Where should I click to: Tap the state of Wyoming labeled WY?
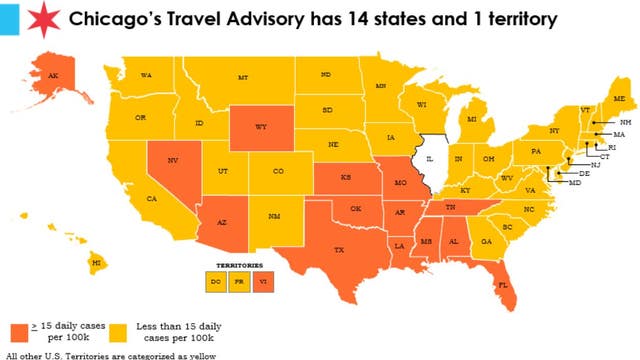[x=261, y=127]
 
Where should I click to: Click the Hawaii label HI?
[x=97, y=262]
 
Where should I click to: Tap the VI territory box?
[x=263, y=281]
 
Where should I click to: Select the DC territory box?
[x=216, y=281]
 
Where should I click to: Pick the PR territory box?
[x=240, y=281]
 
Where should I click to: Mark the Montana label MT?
[x=243, y=77]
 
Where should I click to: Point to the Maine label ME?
[x=618, y=98]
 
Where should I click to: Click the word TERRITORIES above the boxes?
[x=238, y=266]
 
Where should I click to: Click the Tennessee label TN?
[x=451, y=206]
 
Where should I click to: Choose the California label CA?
[x=152, y=198]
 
